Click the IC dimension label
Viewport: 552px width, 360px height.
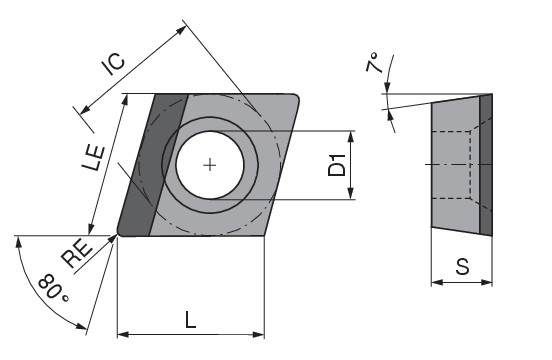[113, 64]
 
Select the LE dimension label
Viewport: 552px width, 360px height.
[94, 158]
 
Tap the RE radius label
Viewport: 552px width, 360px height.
[77, 253]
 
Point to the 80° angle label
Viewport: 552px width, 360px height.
[54, 288]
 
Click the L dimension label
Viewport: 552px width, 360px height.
[190, 320]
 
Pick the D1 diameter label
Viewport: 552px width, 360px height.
[337, 165]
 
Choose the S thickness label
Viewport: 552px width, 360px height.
[462, 266]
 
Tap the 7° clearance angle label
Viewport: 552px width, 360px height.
[373, 62]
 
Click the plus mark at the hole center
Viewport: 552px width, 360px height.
[210, 165]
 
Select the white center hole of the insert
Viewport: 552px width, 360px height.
[210, 165]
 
